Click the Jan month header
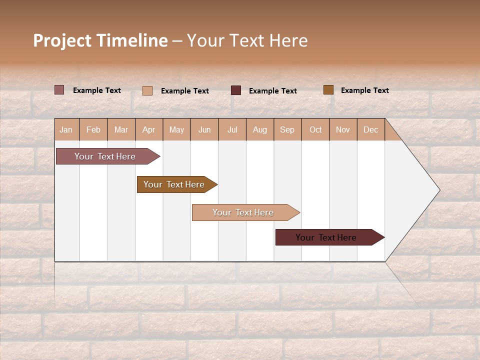tap(66, 129)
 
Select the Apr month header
tap(148, 129)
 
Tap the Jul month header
tap(232, 129)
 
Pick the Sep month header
tap(287, 129)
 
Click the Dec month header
tap(370, 129)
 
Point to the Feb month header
tap(93, 129)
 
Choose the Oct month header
tap(315, 129)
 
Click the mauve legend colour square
tap(59, 90)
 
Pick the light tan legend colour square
tap(147, 90)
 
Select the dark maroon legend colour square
tap(236, 90)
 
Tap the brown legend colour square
tap(328, 90)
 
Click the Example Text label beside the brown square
tap(364, 90)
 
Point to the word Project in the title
tap(62, 40)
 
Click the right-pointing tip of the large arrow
tap(438, 190)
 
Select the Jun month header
tap(204, 129)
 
